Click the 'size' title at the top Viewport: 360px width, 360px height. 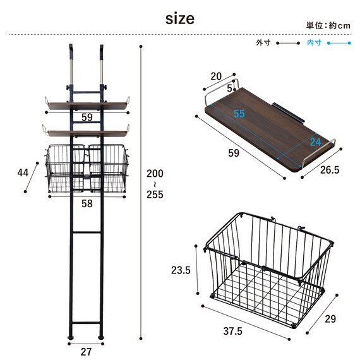[x=180, y=18]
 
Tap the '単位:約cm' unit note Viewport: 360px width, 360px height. [x=328, y=25]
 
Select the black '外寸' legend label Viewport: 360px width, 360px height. [x=263, y=43]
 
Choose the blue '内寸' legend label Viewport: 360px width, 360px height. [x=314, y=43]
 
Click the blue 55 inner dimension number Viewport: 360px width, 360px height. [x=239, y=114]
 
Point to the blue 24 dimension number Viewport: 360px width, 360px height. [x=315, y=142]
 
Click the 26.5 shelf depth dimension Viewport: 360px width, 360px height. [x=330, y=170]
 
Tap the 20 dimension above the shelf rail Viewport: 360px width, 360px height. [x=216, y=76]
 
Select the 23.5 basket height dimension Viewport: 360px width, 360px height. [x=181, y=270]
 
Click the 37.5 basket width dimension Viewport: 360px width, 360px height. [x=233, y=332]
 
